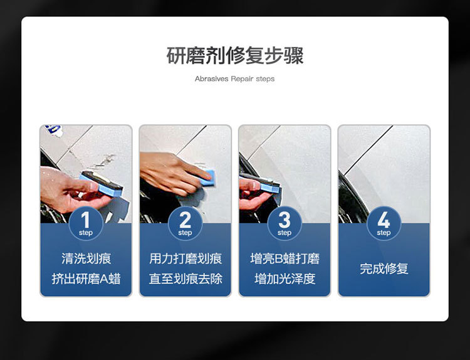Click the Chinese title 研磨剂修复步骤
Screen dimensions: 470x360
[235, 55]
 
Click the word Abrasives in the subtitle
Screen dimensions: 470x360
[211, 78]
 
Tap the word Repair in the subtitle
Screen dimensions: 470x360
[242, 79]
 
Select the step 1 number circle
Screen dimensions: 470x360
[86, 223]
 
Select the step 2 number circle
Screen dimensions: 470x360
[185, 223]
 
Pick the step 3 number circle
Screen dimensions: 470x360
[285, 223]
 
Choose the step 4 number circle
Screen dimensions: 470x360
[384, 223]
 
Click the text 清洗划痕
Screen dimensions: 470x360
[86, 258]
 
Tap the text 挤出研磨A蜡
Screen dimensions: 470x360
[86, 278]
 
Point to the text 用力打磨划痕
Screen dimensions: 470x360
[185, 258]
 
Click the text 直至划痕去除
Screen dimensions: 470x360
[185, 278]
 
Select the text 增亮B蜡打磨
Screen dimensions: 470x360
[285, 258]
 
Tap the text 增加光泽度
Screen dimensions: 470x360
[285, 278]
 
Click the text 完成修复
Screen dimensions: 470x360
[384, 268]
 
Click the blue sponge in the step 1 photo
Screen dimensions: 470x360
[102, 185]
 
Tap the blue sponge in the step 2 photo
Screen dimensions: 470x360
[208, 177]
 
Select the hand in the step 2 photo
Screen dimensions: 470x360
[174, 173]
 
